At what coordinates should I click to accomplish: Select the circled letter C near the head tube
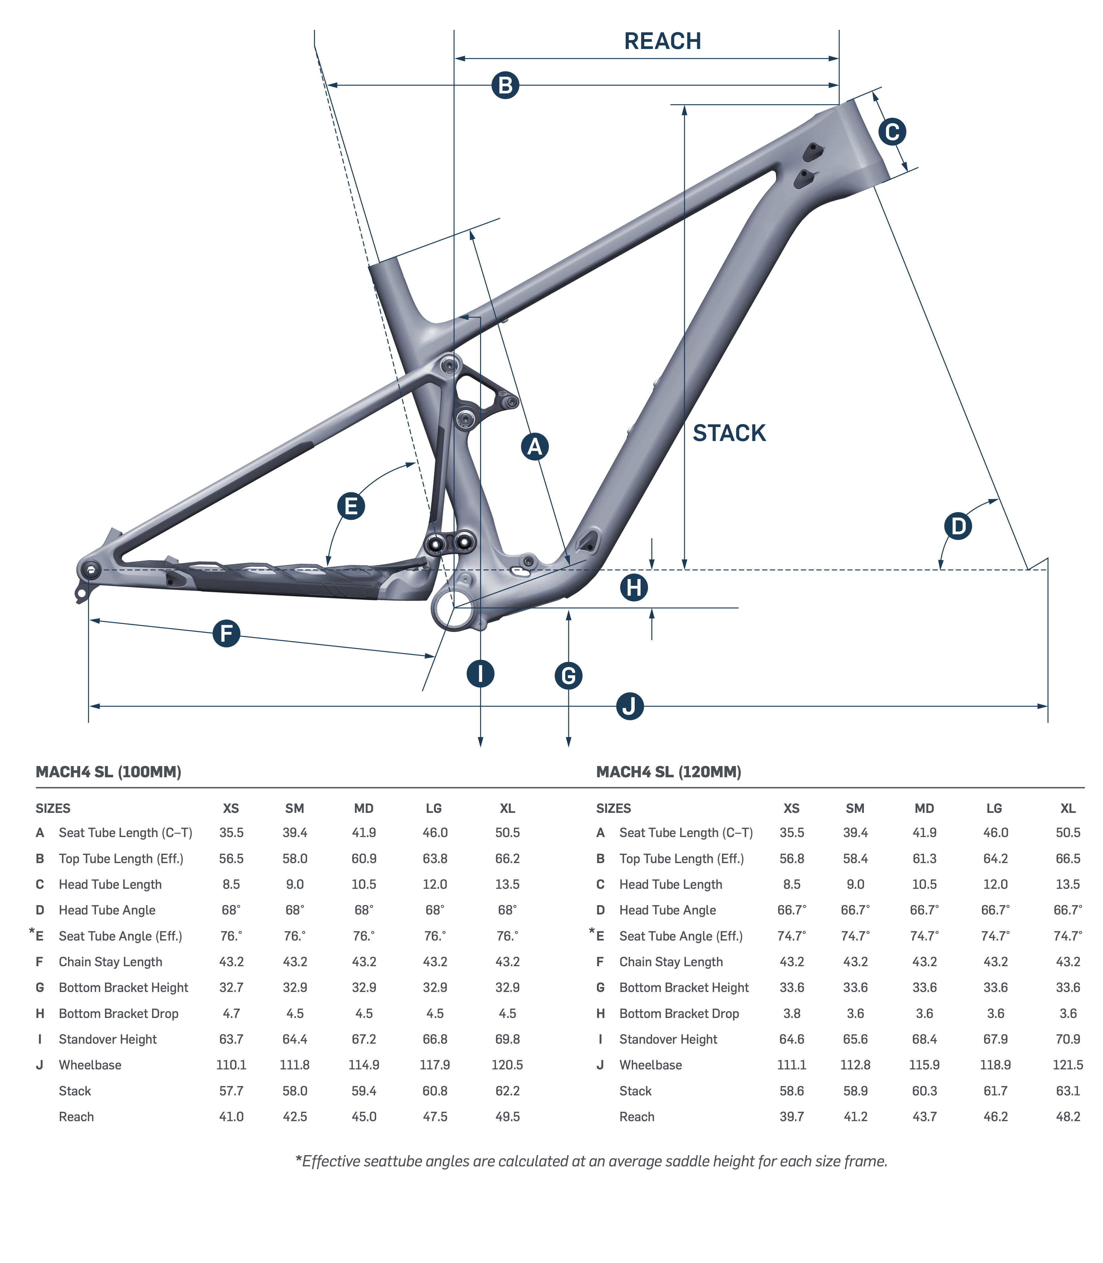click(x=892, y=132)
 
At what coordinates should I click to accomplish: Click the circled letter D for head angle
click(x=958, y=526)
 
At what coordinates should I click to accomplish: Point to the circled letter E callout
click(x=351, y=506)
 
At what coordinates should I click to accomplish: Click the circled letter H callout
click(x=634, y=587)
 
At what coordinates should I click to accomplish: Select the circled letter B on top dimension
click(x=505, y=85)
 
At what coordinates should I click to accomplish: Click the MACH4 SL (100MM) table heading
click(x=108, y=772)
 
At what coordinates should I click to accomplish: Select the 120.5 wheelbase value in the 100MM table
click(x=507, y=1065)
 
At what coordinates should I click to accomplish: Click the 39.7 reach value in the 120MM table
click(x=791, y=1116)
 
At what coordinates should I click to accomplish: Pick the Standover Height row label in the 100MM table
click(x=108, y=1039)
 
